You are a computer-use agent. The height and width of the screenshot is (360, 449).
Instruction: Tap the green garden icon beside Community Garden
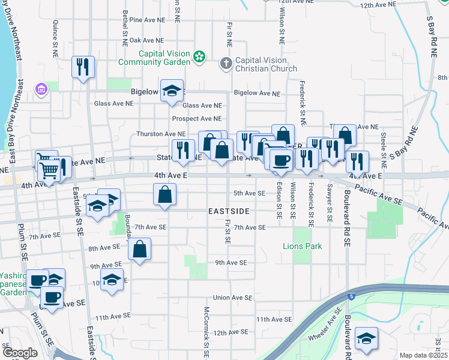[199, 58]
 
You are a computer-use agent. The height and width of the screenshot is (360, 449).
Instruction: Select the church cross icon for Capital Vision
[226, 63]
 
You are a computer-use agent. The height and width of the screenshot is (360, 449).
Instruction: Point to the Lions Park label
[303, 246]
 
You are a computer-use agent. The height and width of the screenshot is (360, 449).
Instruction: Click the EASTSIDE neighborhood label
[228, 212]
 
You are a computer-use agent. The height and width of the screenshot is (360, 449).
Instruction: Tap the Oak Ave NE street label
[147, 40]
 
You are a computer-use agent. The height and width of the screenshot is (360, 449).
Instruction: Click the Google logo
[20, 353]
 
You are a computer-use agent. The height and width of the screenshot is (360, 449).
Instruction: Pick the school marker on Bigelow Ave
[172, 91]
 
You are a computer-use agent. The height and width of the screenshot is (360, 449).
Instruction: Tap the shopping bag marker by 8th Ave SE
[139, 250]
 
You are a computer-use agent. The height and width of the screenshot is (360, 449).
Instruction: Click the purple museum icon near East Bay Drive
[41, 89]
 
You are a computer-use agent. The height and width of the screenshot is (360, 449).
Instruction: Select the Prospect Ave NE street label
[196, 119]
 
